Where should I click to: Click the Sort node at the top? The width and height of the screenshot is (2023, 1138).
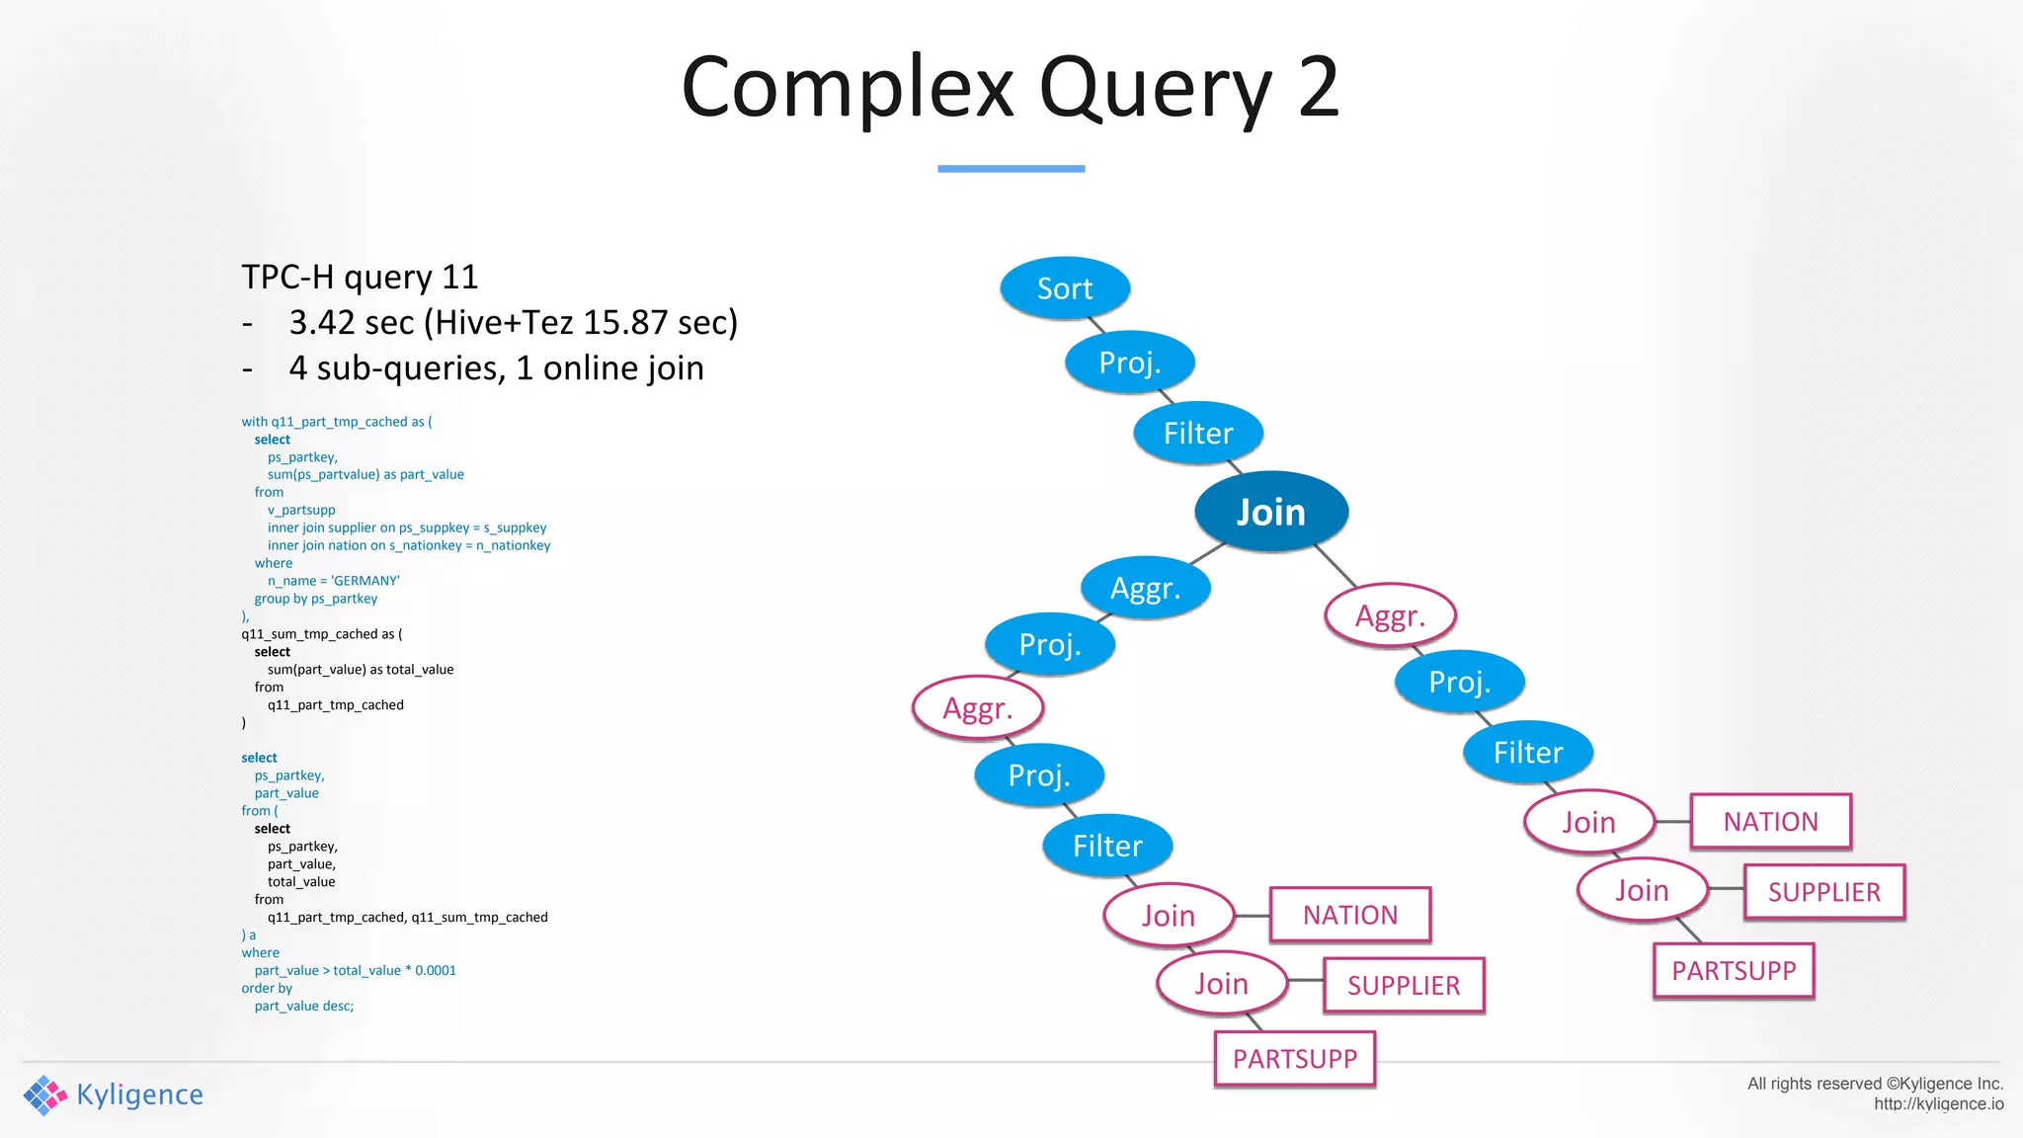[1065, 288]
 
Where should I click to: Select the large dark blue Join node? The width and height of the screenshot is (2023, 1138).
[1271, 512]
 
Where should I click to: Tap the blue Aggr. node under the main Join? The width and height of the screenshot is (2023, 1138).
[1146, 588]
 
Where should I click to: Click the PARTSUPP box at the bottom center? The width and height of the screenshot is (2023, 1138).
[1295, 1059]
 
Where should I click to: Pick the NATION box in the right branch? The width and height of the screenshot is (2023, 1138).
[1770, 822]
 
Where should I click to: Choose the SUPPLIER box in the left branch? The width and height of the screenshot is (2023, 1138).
[1404, 985]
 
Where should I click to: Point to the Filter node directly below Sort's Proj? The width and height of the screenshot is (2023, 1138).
[1198, 433]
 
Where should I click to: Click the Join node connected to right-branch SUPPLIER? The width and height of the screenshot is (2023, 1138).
[1642, 891]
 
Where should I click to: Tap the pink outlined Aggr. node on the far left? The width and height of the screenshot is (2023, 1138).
[978, 707]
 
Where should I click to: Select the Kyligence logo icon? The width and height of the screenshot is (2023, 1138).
[45, 1095]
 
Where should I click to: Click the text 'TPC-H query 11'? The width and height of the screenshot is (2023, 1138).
[360, 278]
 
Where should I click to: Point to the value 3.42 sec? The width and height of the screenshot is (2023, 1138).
[351, 323]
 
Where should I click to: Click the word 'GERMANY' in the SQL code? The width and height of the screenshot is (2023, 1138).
[365, 581]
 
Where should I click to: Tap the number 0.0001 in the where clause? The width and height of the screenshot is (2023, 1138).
[436, 970]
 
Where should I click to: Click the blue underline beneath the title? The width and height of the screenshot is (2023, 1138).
[1011, 169]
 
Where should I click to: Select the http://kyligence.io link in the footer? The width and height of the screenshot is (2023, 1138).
[1938, 1104]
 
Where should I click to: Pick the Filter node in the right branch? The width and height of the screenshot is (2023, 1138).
[1528, 753]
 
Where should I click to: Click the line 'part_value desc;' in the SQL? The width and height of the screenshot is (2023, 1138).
[303, 1006]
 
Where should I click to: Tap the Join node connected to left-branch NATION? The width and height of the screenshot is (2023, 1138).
[1169, 916]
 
